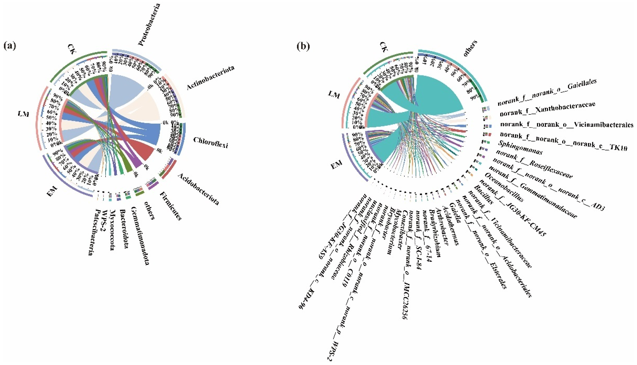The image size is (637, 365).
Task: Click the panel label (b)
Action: [x=303, y=46]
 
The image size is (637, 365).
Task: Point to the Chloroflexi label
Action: [x=211, y=142]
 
